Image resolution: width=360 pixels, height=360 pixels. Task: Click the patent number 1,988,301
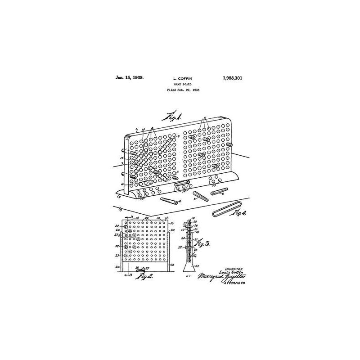pyautogui.click(x=232, y=77)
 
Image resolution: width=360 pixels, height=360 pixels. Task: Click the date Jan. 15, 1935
pyautogui.click(x=130, y=77)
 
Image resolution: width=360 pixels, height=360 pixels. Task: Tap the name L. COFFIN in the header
pyautogui.click(x=182, y=78)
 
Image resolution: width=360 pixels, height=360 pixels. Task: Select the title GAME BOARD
pyautogui.click(x=182, y=84)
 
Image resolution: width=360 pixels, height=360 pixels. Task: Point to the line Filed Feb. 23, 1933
pyautogui.click(x=182, y=90)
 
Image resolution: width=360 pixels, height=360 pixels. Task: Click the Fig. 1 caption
pyautogui.click(x=172, y=118)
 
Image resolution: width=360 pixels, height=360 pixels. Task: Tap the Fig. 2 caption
pyautogui.click(x=144, y=276)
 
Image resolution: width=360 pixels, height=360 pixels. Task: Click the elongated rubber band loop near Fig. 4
pyautogui.click(x=225, y=210)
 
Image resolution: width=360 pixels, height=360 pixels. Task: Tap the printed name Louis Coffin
pyautogui.click(x=230, y=273)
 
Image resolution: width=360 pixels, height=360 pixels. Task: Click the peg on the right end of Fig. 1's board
pyautogui.click(x=230, y=145)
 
